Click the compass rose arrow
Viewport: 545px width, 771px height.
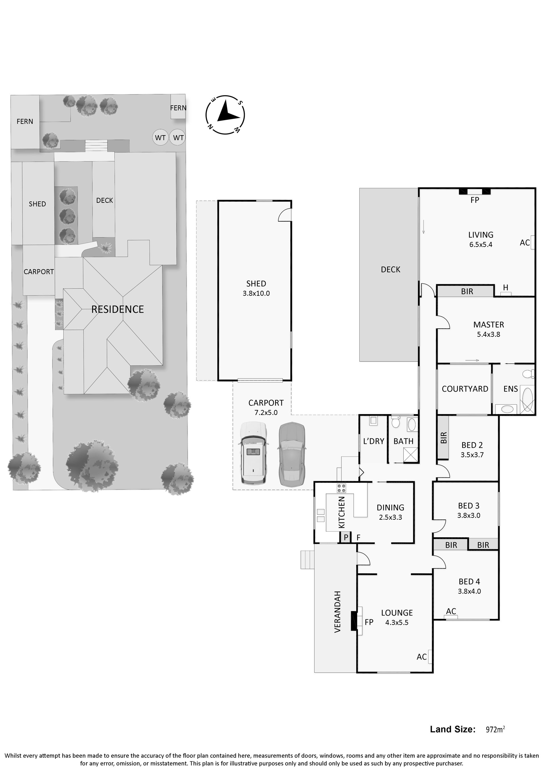pos(227,112)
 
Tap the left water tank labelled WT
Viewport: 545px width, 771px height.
pos(160,137)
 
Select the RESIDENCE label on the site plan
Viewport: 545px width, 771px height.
pos(118,309)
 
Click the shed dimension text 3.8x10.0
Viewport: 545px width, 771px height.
pos(256,293)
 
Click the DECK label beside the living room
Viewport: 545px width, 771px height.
pos(391,269)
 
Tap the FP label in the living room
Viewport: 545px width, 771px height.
pos(475,200)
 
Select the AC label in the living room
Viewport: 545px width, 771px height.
pos(525,243)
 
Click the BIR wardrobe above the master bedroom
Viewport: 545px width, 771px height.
pos(466,291)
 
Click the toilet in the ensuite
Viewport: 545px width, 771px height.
pos(528,373)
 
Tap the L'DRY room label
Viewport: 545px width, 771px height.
pos(374,441)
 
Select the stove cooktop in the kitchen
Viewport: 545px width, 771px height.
pos(342,488)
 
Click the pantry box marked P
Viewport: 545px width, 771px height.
pos(346,538)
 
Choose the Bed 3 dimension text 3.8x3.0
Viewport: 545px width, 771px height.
pos(469,515)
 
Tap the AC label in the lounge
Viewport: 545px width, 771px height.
pos(422,657)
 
